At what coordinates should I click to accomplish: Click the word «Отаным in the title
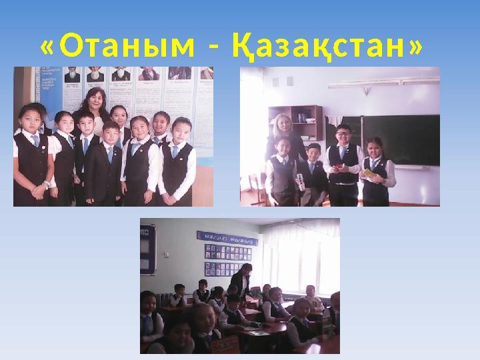113,47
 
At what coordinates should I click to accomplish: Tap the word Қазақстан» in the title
326,47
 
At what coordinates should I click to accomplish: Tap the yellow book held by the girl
367,173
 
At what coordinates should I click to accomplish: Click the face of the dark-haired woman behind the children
93,101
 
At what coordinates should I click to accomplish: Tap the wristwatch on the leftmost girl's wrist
45,184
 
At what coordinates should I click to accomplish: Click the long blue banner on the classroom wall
227,237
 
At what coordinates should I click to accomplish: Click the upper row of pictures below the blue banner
227,253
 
